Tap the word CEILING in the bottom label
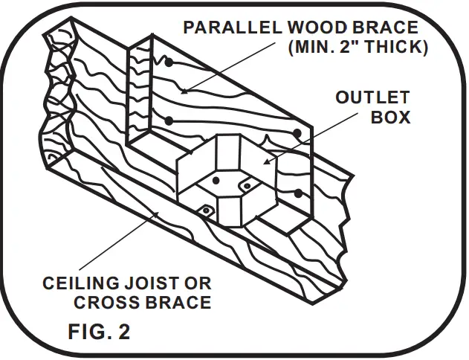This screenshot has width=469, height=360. coord(80,283)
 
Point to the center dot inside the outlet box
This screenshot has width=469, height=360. coord(216,180)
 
